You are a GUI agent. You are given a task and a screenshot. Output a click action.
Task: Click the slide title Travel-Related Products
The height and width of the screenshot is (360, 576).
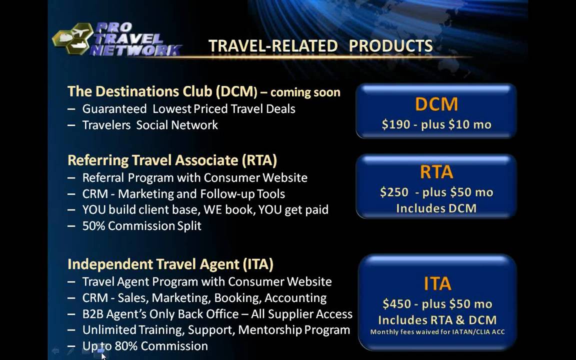320,46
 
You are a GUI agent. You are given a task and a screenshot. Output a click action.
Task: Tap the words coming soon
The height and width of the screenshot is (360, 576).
305,92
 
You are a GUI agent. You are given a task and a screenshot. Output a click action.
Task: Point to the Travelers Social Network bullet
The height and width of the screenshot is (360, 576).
150,125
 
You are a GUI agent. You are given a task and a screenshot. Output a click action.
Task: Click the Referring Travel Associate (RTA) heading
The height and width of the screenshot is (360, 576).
172,160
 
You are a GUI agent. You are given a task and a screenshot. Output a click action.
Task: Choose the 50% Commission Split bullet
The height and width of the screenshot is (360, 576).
141,226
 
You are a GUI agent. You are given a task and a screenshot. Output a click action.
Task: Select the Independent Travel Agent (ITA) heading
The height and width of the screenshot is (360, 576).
170,264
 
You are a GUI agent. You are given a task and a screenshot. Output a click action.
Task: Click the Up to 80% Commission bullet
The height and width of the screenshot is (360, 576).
145,346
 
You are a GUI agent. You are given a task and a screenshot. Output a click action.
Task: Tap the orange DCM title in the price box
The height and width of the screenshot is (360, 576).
436,104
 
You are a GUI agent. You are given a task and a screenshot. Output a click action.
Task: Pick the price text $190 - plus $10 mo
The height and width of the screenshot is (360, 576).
436,124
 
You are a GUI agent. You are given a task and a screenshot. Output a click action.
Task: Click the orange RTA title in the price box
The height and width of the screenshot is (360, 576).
436,172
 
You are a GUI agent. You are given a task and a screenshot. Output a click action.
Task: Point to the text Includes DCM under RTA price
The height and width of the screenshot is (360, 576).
436,208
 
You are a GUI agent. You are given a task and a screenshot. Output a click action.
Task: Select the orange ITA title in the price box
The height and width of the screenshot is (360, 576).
437,283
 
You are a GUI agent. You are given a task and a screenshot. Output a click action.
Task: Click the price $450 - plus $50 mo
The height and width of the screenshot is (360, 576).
437,304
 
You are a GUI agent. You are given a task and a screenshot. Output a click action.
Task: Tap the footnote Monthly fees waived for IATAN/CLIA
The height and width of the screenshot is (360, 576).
437,332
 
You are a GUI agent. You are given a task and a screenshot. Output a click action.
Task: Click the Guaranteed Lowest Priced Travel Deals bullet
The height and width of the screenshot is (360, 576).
188,109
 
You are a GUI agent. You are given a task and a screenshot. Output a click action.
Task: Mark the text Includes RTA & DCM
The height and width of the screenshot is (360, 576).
437,320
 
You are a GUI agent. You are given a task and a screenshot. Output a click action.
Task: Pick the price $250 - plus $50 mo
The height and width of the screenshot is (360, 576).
436,192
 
